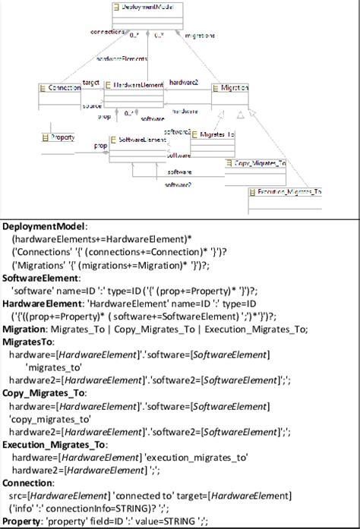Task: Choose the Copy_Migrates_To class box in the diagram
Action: click(257, 163)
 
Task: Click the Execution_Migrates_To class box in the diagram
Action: click(284, 191)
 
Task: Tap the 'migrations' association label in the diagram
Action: click(200, 35)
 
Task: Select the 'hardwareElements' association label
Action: click(122, 58)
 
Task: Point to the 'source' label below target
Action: click(92, 106)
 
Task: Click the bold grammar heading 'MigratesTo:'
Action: click(26, 342)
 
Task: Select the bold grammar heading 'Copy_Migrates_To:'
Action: click(44, 393)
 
